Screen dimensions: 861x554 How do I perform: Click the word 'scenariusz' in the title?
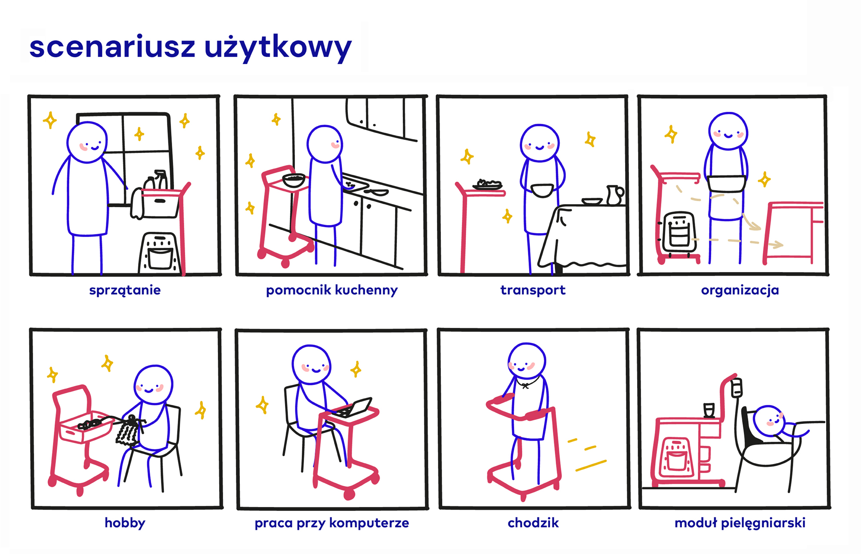[112, 47]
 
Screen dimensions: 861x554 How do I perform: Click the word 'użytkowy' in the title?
[278, 48]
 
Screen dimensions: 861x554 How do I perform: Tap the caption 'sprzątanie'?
[125, 290]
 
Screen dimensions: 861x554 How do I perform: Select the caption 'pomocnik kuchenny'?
[331, 290]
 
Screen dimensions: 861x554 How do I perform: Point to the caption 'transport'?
[533, 290]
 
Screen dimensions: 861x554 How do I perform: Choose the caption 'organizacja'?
[740, 290]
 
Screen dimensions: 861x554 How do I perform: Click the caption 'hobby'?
[125, 523]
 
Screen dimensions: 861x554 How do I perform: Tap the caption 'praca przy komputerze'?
[331, 523]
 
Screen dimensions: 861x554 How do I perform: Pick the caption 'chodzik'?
[533, 523]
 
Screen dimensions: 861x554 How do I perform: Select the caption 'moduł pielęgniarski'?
[740, 523]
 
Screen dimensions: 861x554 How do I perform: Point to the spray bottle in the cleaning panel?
[161, 179]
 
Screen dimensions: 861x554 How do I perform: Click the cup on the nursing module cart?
[709, 410]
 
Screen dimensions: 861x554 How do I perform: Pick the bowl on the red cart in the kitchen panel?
[294, 180]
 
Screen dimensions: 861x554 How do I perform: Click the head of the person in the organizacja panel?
[728, 131]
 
